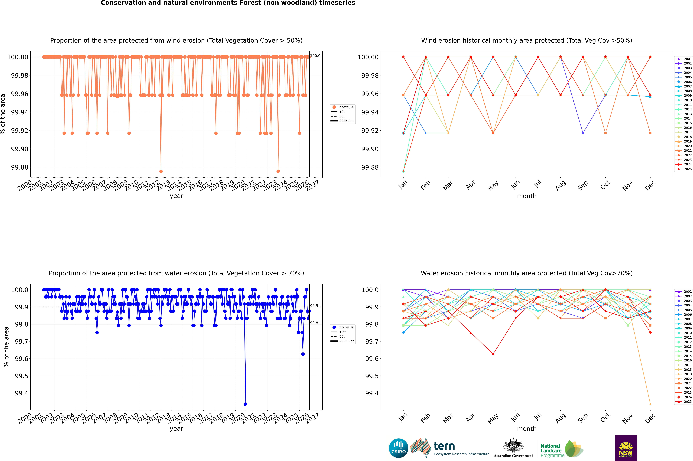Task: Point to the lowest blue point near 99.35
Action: click(x=245, y=404)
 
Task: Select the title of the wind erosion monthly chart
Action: click(x=526, y=41)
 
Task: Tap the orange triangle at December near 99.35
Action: click(x=650, y=404)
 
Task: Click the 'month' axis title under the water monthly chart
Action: click(x=526, y=429)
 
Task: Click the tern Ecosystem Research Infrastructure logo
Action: click(x=449, y=448)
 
